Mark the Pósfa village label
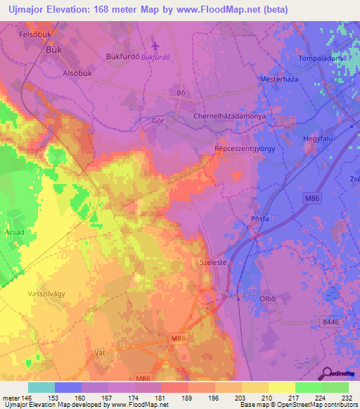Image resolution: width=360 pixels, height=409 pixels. [261, 219]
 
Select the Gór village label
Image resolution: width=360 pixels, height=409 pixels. [158, 121]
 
